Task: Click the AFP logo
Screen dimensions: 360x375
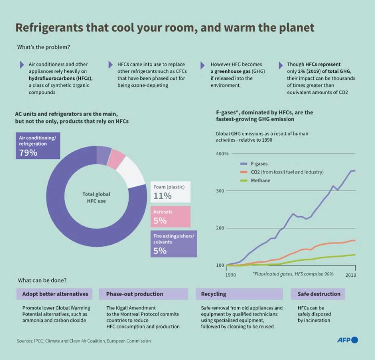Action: [x=347, y=340]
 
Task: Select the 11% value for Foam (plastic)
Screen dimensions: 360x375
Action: [x=163, y=196]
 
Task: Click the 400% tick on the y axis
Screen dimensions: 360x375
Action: [x=221, y=154]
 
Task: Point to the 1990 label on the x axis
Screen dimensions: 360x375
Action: [x=230, y=275]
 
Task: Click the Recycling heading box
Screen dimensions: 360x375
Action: [x=239, y=294]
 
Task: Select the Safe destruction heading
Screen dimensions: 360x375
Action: [x=319, y=294]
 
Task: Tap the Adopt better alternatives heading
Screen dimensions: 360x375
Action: [x=55, y=294]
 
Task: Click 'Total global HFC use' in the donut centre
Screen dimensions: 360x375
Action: [x=96, y=198]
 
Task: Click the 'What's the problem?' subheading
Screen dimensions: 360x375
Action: [x=44, y=47]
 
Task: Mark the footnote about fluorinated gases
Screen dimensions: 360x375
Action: [x=293, y=274]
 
